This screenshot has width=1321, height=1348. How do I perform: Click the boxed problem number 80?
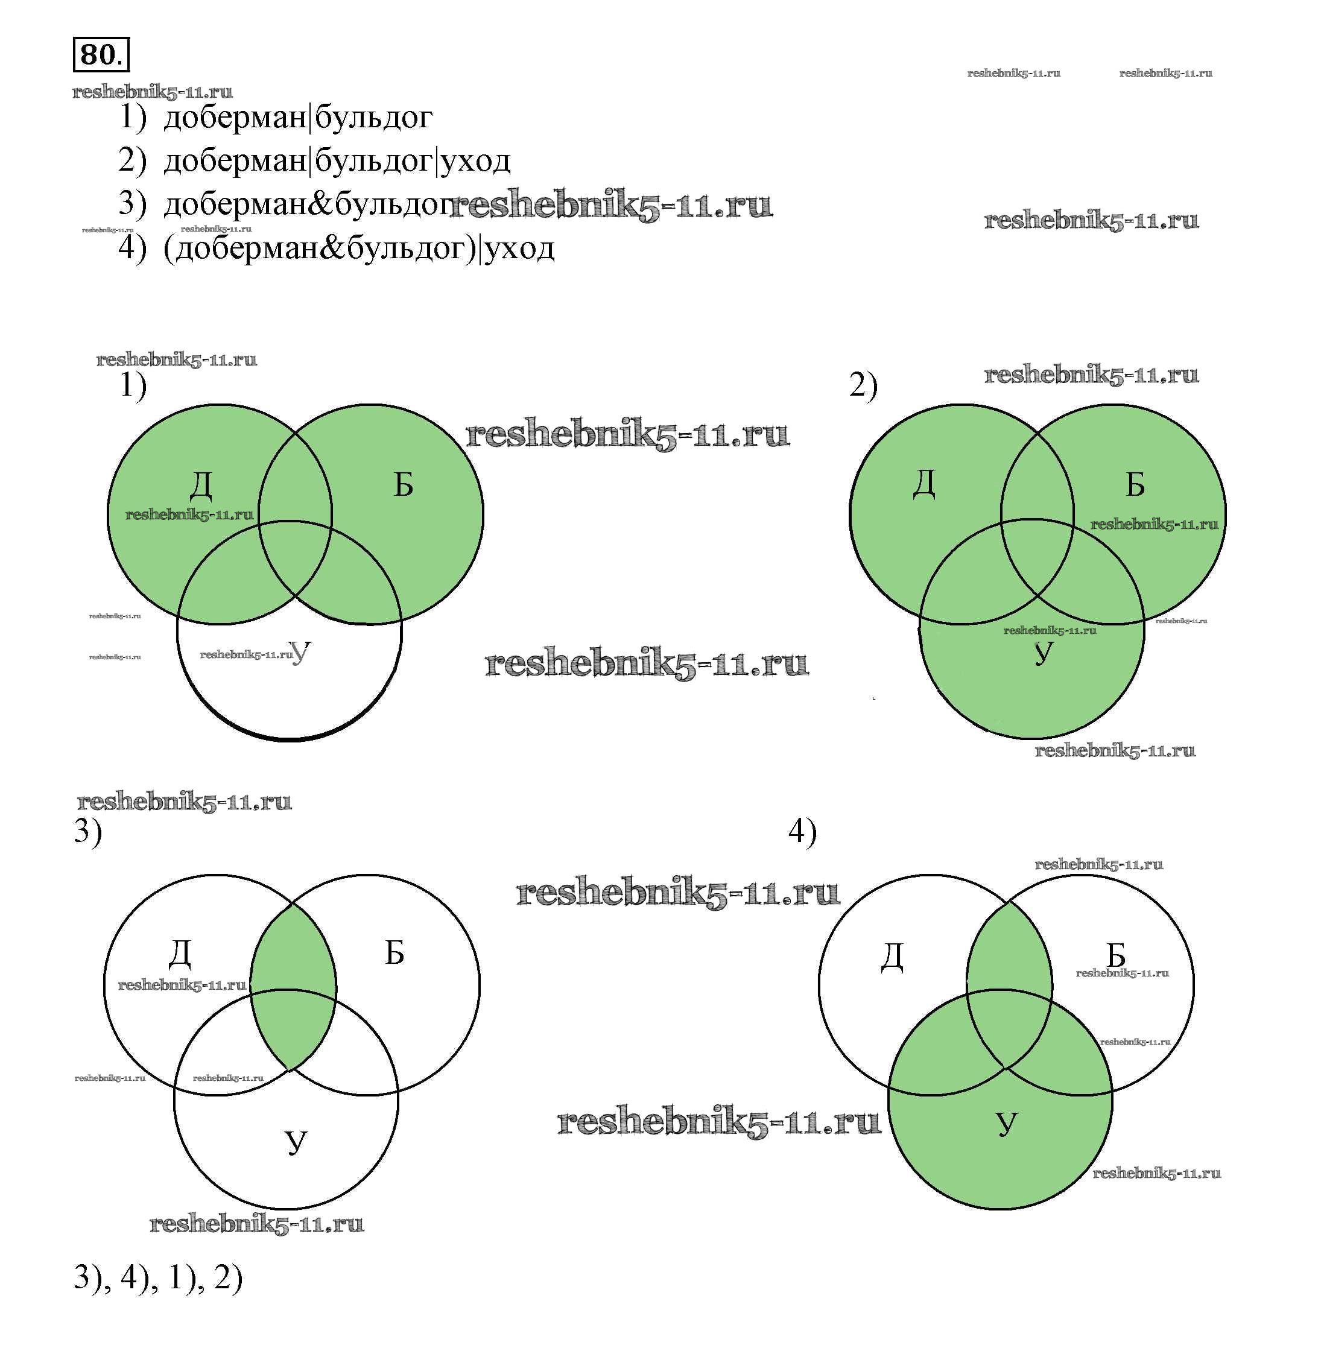coord(101,54)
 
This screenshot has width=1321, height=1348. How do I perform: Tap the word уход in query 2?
coord(476,161)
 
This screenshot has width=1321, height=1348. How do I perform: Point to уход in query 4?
coord(520,248)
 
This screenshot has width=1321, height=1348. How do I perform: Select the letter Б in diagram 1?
coord(403,484)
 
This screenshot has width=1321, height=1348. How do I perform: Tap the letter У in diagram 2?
coord(1043,652)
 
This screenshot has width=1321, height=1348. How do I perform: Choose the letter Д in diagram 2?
coord(924,483)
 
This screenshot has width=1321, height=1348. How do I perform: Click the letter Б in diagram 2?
coord(1135,484)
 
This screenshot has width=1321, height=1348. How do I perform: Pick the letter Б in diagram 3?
coord(394,952)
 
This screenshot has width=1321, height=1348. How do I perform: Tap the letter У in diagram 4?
coord(1006,1122)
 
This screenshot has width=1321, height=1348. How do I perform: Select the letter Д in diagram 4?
coord(892,957)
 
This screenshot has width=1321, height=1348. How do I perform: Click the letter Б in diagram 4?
coord(1116,955)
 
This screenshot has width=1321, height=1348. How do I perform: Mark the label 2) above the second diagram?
coord(863,386)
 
